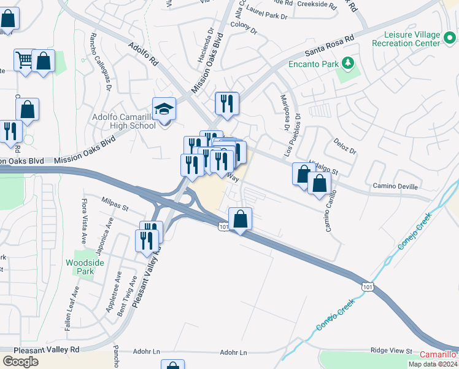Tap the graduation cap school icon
coord(164,109)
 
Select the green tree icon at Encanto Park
coord(348,63)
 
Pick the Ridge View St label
coord(391,351)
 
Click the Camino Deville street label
coord(395,186)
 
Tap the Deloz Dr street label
coord(345,149)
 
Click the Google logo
coord(20,361)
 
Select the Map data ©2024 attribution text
coord(433,364)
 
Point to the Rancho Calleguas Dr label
coord(101,70)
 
